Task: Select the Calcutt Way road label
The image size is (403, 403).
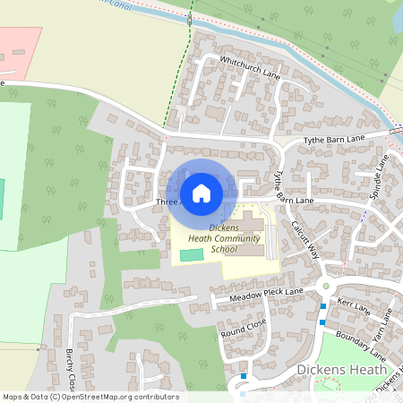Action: [x=305, y=239]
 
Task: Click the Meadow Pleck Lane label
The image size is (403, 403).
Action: [x=266, y=295]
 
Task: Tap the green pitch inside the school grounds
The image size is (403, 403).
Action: [x=191, y=256]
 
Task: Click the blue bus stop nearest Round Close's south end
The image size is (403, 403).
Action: [x=243, y=377]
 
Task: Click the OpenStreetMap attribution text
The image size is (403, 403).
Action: [x=90, y=397]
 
